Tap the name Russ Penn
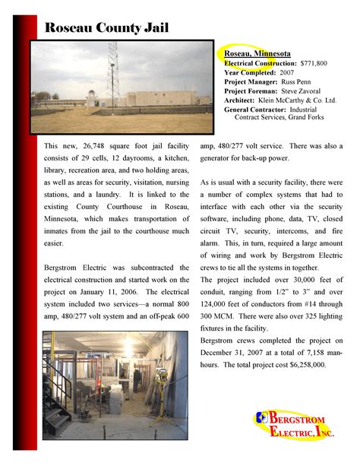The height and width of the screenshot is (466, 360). coord(307,81)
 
